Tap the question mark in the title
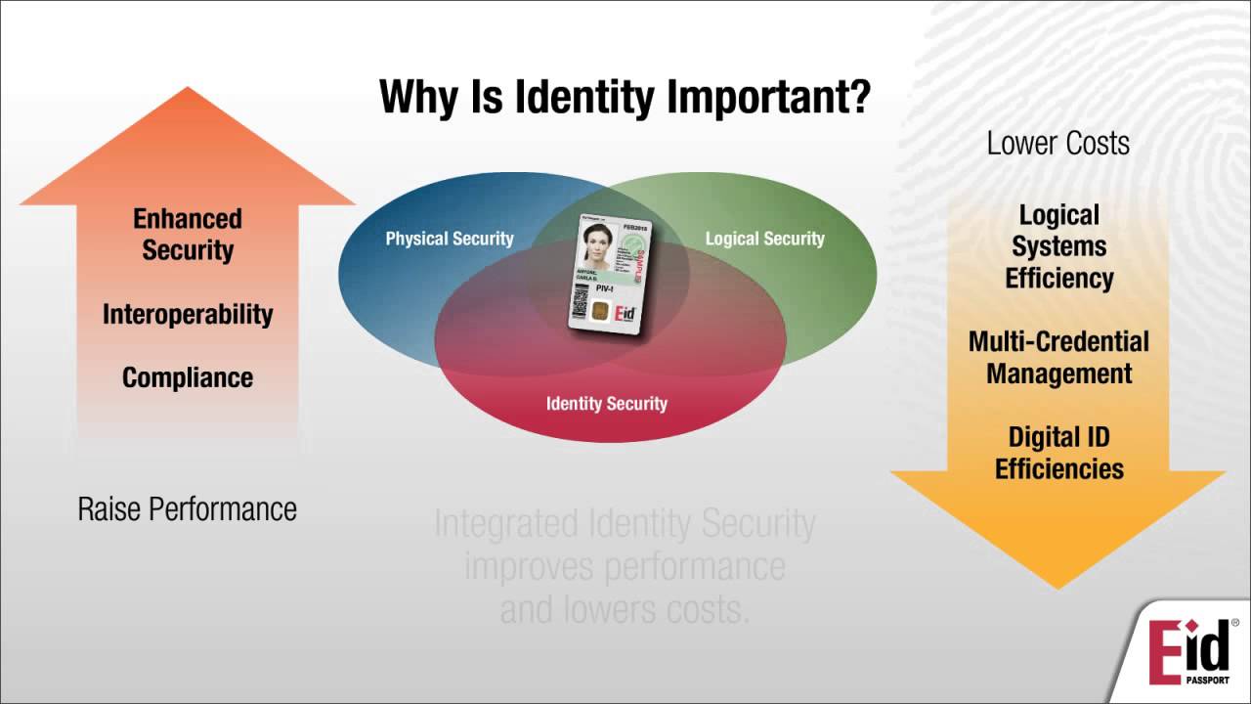858,97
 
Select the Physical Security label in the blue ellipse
449,239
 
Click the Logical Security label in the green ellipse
764,239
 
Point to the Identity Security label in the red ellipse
606,403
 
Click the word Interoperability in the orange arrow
188,314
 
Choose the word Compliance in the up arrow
188,377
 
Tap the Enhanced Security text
188,234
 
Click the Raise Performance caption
187,508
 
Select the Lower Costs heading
1057,143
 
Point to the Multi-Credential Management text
1058,357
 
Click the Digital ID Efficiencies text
1058,452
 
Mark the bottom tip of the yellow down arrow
1058,587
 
